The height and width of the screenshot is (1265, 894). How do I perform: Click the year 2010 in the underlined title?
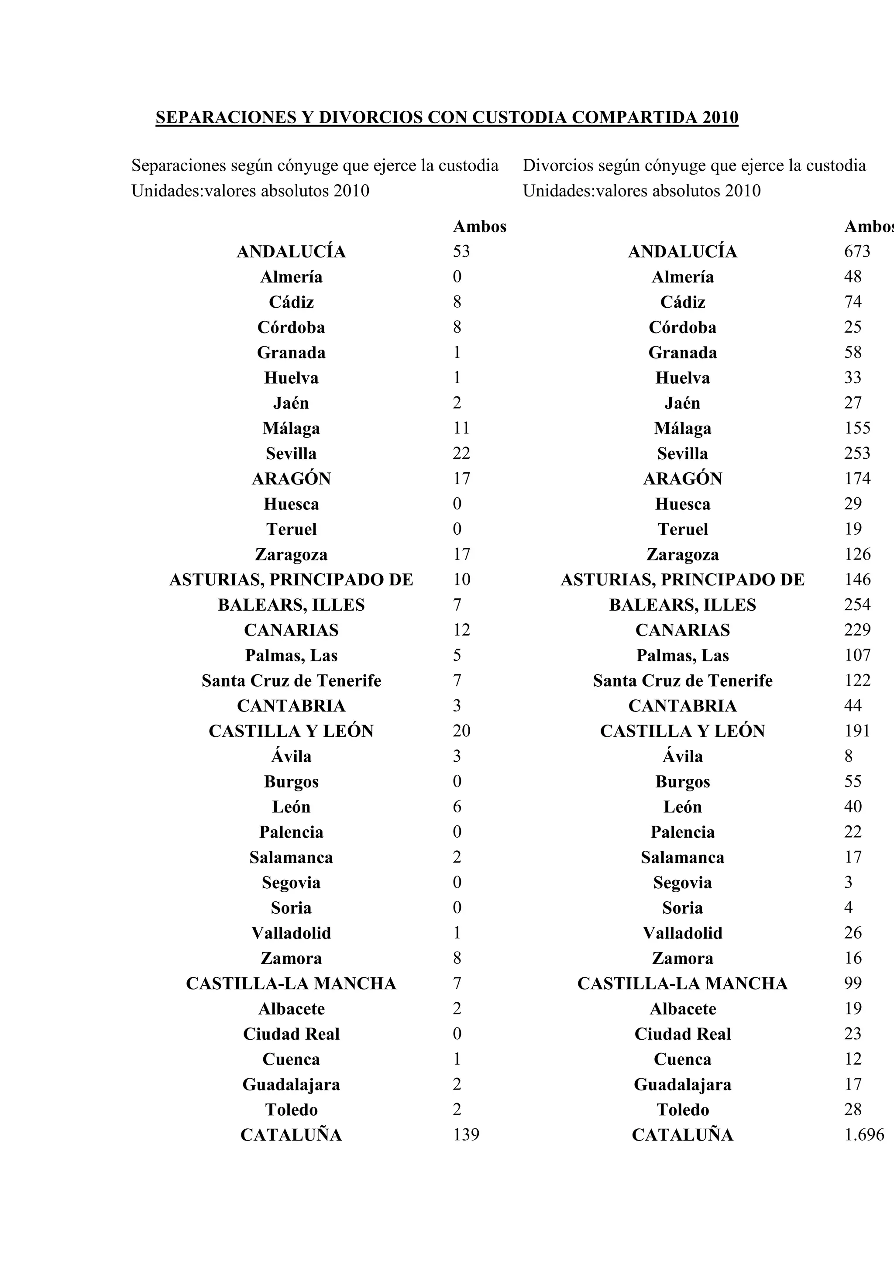click(720, 117)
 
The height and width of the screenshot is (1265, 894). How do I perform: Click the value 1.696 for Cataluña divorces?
click(864, 1134)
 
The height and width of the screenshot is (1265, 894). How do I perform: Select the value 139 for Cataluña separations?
click(466, 1134)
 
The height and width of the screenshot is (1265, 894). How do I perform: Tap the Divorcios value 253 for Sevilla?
click(857, 453)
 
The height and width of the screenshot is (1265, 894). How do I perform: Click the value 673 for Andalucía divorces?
click(857, 251)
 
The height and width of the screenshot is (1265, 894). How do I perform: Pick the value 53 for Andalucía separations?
click(461, 251)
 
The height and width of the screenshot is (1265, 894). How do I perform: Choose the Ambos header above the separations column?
click(479, 227)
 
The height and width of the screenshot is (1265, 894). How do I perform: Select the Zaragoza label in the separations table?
click(292, 554)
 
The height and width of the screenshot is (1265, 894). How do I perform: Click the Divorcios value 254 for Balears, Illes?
click(857, 605)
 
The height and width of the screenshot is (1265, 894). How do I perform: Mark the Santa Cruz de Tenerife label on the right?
click(682, 681)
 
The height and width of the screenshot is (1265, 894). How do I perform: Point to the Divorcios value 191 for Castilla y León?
click(857, 731)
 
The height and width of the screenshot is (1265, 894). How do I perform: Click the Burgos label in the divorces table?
click(682, 781)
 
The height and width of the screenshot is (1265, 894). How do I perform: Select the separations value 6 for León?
click(457, 807)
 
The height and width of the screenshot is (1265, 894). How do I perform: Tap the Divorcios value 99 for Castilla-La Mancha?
click(853, 983)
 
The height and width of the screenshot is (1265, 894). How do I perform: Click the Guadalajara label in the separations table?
click(292, 1084)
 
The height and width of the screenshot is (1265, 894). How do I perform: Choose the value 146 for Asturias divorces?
click(857, 579)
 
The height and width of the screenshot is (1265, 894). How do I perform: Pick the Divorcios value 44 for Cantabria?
click(853, 705)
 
